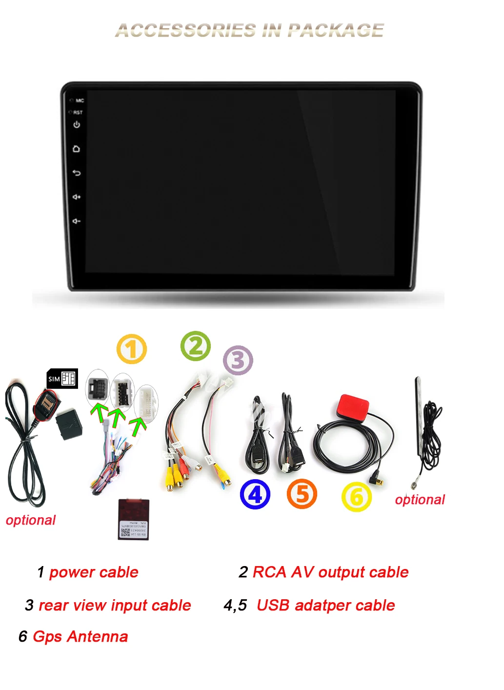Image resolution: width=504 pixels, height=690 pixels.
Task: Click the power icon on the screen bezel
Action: pyautogui.click(x=77, y=125)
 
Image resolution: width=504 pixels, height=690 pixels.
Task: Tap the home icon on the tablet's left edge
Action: pyautogui.click(x=77, y=149)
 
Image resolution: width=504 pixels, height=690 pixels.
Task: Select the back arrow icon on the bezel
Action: pyautogui.click(x=77, y=173)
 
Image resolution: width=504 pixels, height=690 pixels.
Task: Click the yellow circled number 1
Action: pyautogui.click(x=132, y=349)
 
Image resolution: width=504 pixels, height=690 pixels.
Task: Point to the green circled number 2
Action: pyautogui.click(x=196, y=346)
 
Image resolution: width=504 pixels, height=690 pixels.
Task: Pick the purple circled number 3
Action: pyautogui.click(x=238, y=361)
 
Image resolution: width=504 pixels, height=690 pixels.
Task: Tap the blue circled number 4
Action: pyautogui.click(x=255, y=494)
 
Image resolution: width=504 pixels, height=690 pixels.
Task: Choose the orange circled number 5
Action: pyautogui.click(x=302, y=494)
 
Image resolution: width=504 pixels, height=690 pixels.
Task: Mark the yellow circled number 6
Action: pyautogui.click(x=357, y=497)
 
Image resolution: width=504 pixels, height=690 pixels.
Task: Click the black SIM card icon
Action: pyautogui.click(x=62, y=379)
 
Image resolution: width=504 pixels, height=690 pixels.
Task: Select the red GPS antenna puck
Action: pyautogui.click(x=353, y=408)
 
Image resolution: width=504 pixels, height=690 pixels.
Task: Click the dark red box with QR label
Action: pyautogui.click(x=134, y=519)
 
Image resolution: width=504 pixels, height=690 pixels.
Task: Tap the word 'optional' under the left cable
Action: pyautogui.click(x=31, y=520)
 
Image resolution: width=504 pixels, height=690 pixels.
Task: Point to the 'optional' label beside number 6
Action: pyautogui.click(x=420, y=500)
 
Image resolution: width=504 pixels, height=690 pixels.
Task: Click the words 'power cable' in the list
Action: pyautogui.click(x=94, y=572)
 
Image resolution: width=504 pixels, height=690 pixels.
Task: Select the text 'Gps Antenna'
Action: pyautogui.click(x=81, y=636)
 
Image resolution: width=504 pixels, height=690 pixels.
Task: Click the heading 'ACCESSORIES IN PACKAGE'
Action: pyautogui.click(x=250, y=30)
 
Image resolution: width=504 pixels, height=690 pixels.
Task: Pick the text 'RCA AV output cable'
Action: pyautogui.click(x=331, y=572)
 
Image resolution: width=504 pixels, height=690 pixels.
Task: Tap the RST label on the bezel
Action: pyautogui.click(x=78, y=112)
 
